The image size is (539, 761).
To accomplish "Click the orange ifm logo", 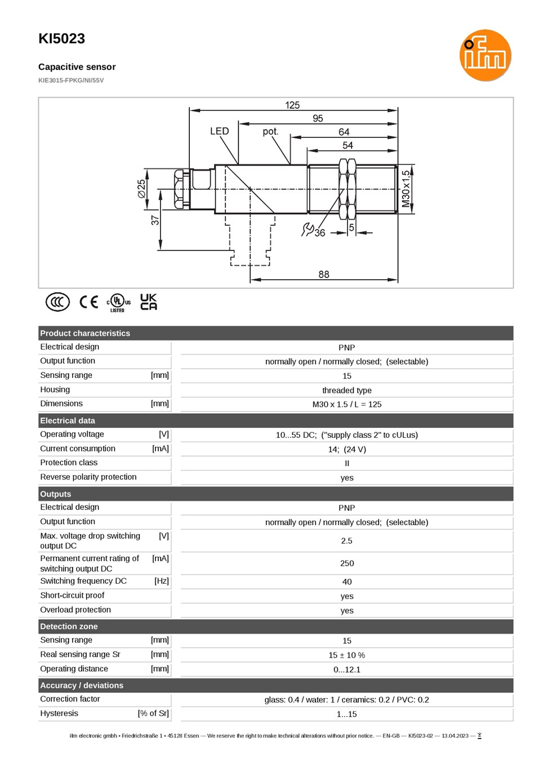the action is coord(485,55).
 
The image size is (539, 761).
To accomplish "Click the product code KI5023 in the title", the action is coord(61,39).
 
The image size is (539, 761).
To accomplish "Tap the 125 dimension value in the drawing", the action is coord(292,105).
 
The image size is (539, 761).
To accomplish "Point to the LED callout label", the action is coord(219,131).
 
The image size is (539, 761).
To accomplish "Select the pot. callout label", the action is coord(270,132).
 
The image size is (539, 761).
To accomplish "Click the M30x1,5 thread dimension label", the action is coord(406,189).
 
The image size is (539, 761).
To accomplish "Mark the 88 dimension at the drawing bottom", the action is coord(323,274).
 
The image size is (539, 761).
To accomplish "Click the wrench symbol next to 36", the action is coord(308,229).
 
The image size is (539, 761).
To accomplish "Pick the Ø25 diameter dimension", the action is coord(141,189).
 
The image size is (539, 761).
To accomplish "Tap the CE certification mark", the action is coord(88,302).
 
